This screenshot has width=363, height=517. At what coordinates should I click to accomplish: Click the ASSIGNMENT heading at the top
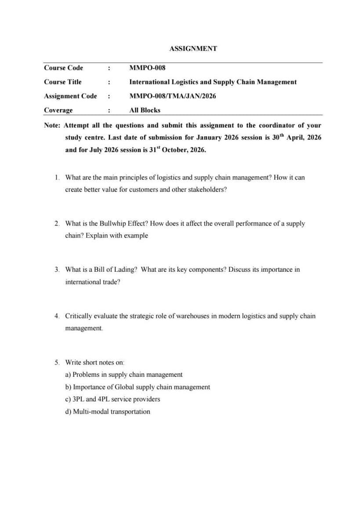193,49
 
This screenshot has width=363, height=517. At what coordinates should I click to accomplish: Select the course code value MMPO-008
147,68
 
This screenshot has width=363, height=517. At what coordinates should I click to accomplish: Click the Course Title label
62,82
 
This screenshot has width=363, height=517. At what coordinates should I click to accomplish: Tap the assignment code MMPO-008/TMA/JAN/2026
172,96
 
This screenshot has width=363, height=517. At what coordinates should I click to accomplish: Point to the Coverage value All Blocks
145,110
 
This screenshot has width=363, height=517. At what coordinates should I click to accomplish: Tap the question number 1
57,178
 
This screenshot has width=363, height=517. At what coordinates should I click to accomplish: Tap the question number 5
57,363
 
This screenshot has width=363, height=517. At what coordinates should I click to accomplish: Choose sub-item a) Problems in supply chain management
123,375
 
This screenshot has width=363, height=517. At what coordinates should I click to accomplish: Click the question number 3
57,269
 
